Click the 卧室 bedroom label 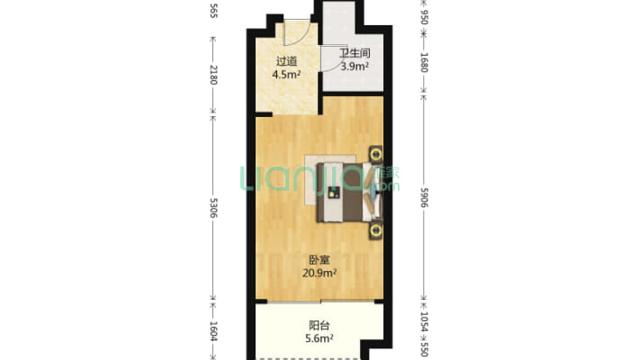pyautogui.click(x=319, y=260)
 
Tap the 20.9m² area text pyautogui.click(x=319, y=273)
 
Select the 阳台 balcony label pyautogui.click(x=319, y=325)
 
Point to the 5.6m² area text pyautogui.click(x=319, y=338)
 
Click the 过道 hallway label pyautogui.click(x=286, y=61)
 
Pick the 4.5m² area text pyautogui.click(x=286, y=75)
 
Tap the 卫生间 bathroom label pyautogui.click(x=355, y=53)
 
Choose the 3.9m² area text pyautogui.click(x=355, y=66)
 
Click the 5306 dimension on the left pyautogui.click(x=213, y=208)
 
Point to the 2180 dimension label pyautogui.click(x=213, y=75)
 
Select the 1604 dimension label pyautogui.click(x=213, y=331)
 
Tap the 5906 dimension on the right pyautogui.click(x=424, y=197)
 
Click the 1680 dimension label pyautogui.click(x=424, y=62)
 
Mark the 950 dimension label pyautogui.click(x=424, y=17)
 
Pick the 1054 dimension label pyautogui.click(x=424, y=322)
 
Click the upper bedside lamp pyautogui.click(x=375, y=155)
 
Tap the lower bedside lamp pyautogui.click(x=375, y=230)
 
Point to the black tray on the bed pyautogui.click(x=334, y=193)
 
